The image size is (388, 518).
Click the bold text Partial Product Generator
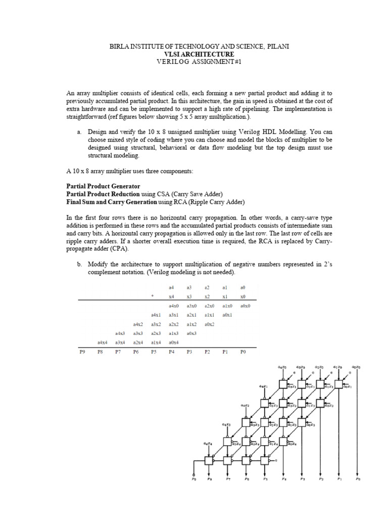click(x=104, y=187)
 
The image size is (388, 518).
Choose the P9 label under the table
click(x=83, y=351)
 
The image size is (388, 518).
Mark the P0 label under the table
click(x=244, y=351)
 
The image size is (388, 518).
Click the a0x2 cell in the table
click(x=209, y=324)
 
